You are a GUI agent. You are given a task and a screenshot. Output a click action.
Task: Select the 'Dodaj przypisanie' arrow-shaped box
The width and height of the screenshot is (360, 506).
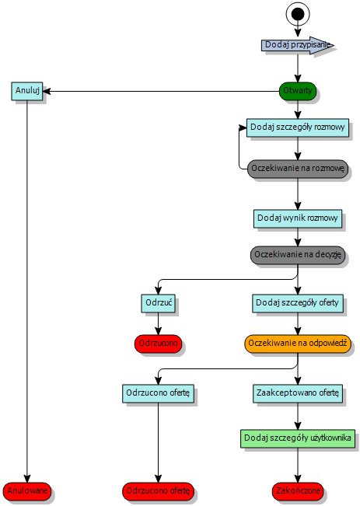tap(296, 45)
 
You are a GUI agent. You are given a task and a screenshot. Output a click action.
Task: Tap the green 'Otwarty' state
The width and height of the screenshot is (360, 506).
tap(298, 90)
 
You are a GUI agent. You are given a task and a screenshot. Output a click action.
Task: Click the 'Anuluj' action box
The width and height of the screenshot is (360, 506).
tap(27, 90)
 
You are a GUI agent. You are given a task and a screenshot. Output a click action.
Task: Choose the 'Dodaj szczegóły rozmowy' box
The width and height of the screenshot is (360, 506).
tap(298, 127)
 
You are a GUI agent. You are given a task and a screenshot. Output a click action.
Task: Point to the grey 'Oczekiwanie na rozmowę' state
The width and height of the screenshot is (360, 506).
tap(298, 169)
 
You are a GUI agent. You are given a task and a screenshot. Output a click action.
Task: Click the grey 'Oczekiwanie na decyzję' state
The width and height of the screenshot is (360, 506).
tap(298, 255)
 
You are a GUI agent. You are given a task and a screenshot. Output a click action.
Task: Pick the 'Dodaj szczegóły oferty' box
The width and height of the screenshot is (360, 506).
tap(298, 302)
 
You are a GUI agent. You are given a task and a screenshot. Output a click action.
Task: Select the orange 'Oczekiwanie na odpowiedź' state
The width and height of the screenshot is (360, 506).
tap(298, 343)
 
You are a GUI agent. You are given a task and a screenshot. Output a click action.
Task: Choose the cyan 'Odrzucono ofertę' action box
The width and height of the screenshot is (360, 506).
tap(159, 393)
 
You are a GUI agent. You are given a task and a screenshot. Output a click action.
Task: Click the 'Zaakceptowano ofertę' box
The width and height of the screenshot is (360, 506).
tap(298, 393)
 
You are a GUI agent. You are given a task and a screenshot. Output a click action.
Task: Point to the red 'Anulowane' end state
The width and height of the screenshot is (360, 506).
tap(27, 490)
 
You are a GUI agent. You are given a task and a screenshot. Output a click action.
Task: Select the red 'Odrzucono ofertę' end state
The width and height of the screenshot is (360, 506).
tap(159, 490)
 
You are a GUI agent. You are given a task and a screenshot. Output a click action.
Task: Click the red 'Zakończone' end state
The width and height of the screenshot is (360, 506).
tap(298, 490)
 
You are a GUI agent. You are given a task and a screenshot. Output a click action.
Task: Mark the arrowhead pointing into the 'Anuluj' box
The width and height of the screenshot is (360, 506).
tap(48, 90)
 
